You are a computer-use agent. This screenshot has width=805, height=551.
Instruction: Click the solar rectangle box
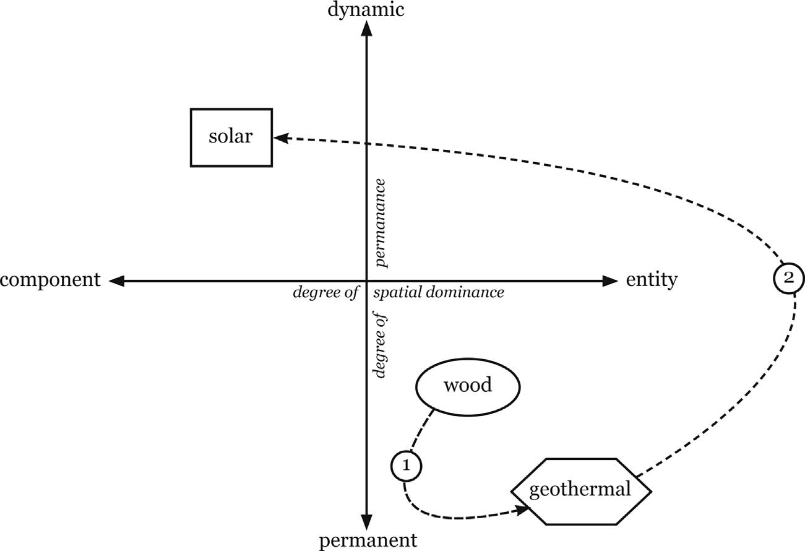pyautogui.click(x=231, y=137)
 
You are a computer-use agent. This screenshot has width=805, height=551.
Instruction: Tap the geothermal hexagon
pyautogui.click(x=580, y=490)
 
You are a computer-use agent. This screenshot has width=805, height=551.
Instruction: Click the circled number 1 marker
pyautogui.click(x=407, y=466)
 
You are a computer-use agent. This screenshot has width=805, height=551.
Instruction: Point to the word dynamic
pyautogui.click(x=367, y=9)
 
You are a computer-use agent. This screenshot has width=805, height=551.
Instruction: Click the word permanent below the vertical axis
pyautogui.click(x=368, y=541)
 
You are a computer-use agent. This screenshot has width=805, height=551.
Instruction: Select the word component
pyautogui.click(x=50, y=280)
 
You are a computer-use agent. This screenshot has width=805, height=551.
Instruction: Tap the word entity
pyautogui.click(x=652, y=280)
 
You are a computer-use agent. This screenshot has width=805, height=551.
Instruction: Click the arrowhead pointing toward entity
pyautogui.click(x=611, y=281)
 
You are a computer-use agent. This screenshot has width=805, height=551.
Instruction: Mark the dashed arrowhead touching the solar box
pyautogui.click(x=280, y=139)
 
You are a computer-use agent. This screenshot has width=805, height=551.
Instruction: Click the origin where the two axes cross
pyautogui.click(x=367, y=281)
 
